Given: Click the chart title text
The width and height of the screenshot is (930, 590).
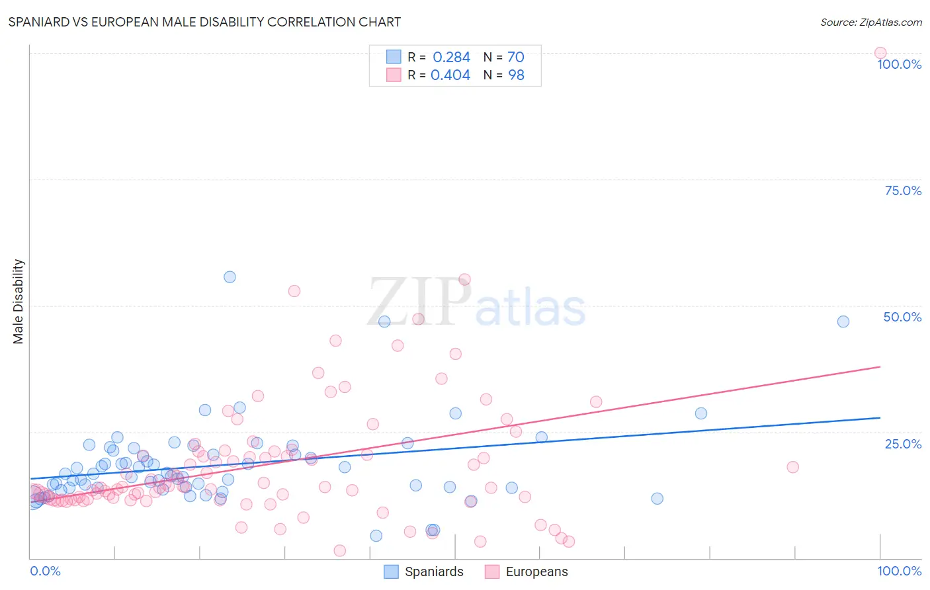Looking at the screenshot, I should click(204, 22).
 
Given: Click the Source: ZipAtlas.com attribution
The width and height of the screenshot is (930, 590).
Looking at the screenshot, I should click(870, 22).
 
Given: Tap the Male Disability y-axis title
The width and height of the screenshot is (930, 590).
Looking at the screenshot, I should click(19, 301).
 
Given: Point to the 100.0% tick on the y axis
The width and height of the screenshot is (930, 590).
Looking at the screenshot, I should click(899, 64).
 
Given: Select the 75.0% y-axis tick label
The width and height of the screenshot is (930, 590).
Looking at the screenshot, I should click(903, 190).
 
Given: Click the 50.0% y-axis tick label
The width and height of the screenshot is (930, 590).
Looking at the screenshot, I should click(902, 317).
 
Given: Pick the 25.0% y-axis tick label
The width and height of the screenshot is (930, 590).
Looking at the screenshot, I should click(903, 444).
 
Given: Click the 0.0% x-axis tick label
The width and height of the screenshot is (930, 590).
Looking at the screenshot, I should click(45, 571).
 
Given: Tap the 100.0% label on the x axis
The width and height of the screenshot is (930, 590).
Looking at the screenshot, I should click(899, 571).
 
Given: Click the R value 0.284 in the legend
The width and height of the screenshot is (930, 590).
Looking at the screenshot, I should click(451, 58).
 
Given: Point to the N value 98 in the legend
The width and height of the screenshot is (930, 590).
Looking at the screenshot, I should click(516, 75).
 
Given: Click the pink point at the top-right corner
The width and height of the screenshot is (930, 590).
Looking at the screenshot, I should click(880, 53).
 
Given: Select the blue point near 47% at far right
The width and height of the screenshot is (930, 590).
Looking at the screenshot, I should click(843, 321).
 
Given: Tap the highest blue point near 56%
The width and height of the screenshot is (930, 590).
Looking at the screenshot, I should click(230, 277).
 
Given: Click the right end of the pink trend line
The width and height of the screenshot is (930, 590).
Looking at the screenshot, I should click(880, 366).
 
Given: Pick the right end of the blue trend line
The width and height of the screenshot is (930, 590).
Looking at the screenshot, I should click(880, 418).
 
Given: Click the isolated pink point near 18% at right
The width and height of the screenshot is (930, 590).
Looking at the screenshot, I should click(792, 467).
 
